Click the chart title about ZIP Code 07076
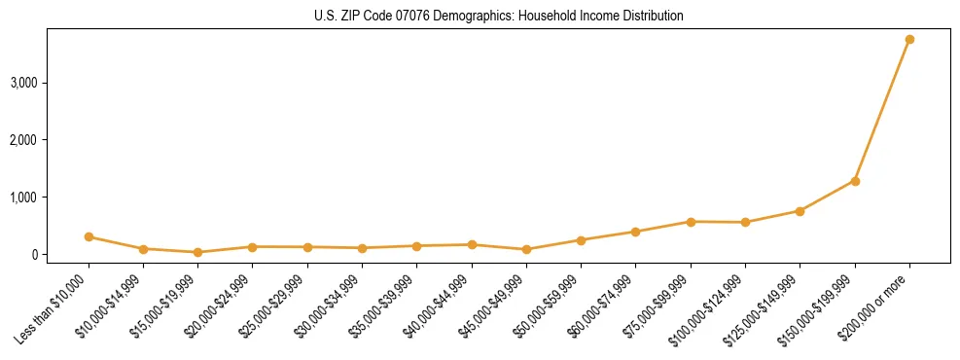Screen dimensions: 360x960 [499, 17]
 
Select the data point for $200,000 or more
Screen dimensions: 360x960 [909, 40]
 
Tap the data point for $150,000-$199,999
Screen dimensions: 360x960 [855, 181]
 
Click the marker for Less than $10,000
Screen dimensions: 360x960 [89, 236]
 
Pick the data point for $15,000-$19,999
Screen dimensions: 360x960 [198, 252]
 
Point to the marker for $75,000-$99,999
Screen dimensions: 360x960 [691, 222]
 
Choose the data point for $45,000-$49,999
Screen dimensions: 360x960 [526, 249]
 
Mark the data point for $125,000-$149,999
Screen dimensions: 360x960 [800, 211]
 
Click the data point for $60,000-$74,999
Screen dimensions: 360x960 [635, 232]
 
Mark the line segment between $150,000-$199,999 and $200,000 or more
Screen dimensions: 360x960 [882, 110]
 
